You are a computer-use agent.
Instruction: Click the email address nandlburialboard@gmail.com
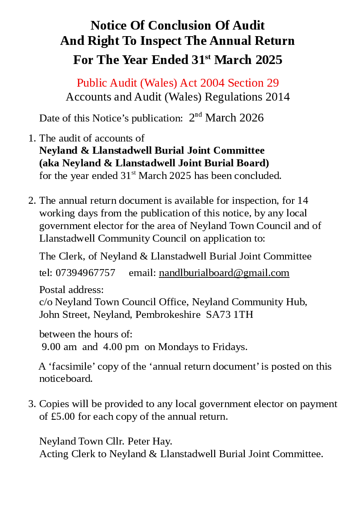(x=224, y=273)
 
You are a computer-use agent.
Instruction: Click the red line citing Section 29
(x=178, y=83)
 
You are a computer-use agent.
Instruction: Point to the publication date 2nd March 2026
(x=226, y=118)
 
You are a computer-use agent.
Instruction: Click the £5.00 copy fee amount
(x=63, y=417)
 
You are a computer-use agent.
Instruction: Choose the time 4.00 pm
(x=121, y=347)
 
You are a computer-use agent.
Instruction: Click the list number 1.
(x=31, y=138)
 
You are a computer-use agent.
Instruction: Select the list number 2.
(x=31, y=201)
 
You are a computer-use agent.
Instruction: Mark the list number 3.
(x=31, y=404)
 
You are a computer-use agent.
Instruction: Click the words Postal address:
(x=71, y=290)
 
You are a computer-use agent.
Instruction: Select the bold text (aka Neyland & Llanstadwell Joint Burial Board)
(x=154, y=163)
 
